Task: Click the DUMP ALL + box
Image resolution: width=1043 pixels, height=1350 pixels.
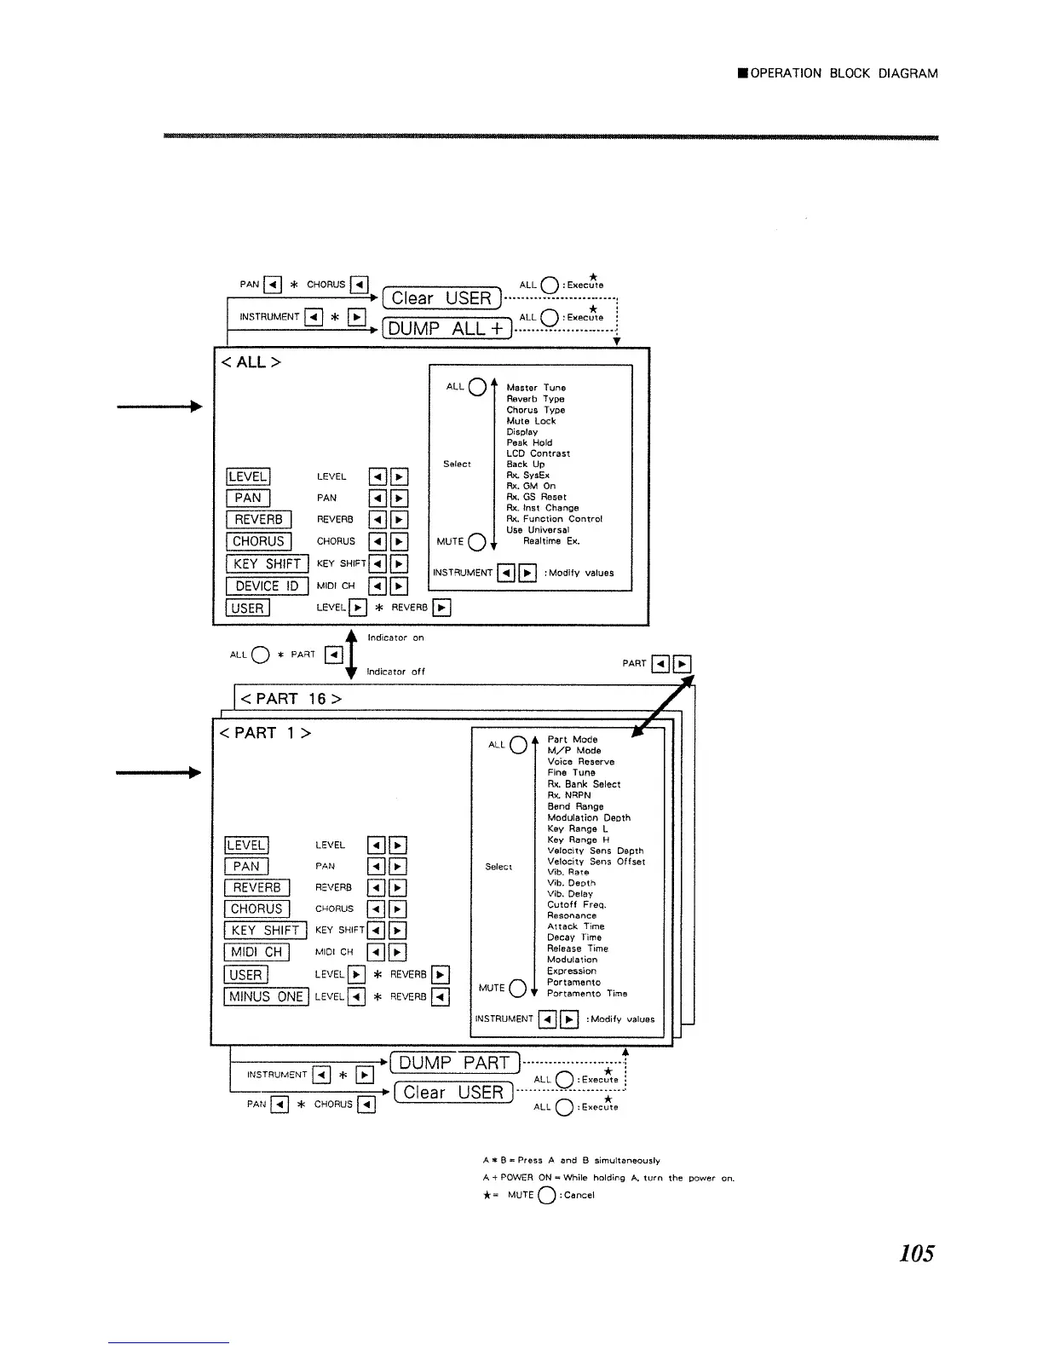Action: [447, 328]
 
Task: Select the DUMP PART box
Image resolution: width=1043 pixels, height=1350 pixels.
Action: [454, 1063]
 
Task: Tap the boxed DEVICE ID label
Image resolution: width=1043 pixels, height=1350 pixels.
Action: [267, 586]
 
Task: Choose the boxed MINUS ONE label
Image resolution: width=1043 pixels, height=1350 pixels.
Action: [266, 996]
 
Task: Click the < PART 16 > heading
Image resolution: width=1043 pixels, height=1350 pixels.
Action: [291, 699]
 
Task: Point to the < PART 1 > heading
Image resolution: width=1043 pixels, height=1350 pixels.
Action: [265, 733]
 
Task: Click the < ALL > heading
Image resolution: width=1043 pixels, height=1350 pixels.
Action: [251, 362]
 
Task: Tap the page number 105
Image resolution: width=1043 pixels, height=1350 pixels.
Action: [916, 1253]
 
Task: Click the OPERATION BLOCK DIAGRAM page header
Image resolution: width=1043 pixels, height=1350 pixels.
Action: [844, 73]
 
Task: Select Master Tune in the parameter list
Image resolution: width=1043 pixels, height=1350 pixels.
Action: [536, 388]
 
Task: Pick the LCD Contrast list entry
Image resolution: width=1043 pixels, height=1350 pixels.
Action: [538, 453]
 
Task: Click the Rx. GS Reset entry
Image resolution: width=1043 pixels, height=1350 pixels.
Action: [536, 497]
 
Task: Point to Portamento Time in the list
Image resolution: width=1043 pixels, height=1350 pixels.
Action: [587, 994]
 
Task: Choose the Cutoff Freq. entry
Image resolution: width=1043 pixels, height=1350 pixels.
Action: [576, 905]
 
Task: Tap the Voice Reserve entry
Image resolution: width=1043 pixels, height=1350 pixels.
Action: [580, 762]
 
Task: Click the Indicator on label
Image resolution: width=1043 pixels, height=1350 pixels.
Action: [395, 637]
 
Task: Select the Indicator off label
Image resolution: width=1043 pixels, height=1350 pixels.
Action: [395, 672]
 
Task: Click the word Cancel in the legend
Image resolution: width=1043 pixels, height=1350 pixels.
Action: [579, 1195]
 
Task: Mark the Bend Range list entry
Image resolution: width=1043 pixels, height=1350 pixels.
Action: [575, 806]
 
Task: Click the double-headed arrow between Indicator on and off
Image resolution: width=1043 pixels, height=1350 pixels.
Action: [351, 654]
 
